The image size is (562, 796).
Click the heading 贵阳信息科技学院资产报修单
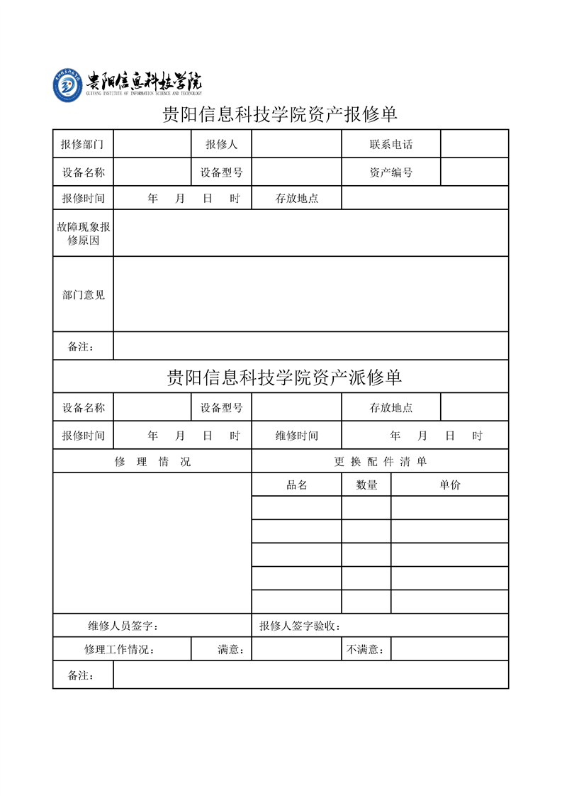[280, 114]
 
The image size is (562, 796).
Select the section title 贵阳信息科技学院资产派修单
[284, 377]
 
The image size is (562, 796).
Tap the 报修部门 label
[83, 144]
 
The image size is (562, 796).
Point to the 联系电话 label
[390, 144]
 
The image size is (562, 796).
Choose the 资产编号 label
[390, 172]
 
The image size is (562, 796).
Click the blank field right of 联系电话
[474, 144]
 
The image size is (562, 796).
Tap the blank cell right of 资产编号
[474, 172]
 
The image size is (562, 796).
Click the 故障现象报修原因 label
[83, 233]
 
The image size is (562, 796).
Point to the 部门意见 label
[83, 294]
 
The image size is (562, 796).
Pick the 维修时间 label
[296, 436]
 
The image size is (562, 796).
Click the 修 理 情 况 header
[152, 462]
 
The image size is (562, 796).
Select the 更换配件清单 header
[381, 462]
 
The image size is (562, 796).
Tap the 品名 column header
[296, 485]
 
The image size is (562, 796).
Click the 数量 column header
[366, 485]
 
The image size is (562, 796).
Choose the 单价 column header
[449, 485]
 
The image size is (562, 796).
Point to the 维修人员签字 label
[123, 626]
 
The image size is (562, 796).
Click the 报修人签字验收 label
[300, 626]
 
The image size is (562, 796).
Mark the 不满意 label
[366, 649]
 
